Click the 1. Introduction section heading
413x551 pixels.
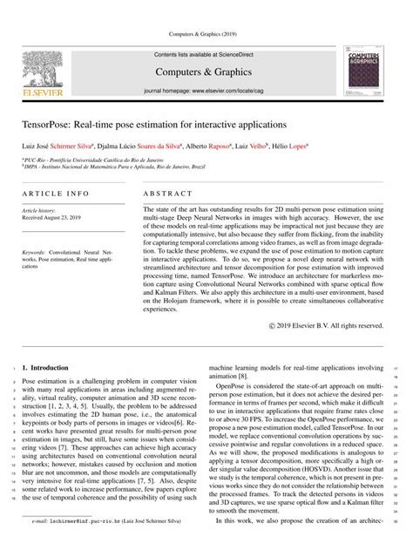coord(51,370)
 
